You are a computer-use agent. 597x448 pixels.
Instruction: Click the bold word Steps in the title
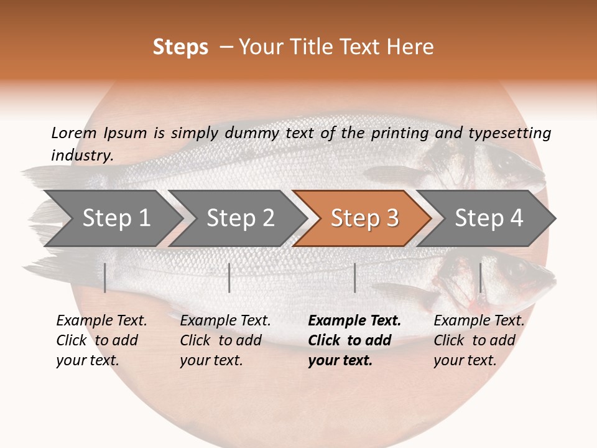click(x=180, y=47)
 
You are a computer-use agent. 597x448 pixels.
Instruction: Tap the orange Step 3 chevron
click(x=364, y=218)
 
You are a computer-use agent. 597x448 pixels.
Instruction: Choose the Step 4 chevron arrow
click(x=489, y=218)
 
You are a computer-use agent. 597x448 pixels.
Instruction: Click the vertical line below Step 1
click(x=105, y=278)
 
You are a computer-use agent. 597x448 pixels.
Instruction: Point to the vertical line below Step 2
click(x=229, y=278)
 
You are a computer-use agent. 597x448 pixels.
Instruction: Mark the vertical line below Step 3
click(x=354, y=278)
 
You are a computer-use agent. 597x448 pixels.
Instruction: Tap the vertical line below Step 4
click(x=480, y=278)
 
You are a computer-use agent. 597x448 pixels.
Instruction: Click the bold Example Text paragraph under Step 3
click(x=354, y=340)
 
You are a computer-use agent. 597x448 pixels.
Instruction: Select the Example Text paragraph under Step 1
click(x=101, y=340)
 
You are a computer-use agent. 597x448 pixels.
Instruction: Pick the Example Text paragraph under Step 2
click(x=225, y=340)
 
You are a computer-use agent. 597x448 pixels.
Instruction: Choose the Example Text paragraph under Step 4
click(x=479, y=340)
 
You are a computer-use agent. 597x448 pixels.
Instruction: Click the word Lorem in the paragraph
click(x=74, y=133)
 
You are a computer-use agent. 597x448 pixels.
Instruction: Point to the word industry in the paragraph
click(x=81, y=155)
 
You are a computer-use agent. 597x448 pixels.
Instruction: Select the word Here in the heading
click(x=410, y=47)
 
